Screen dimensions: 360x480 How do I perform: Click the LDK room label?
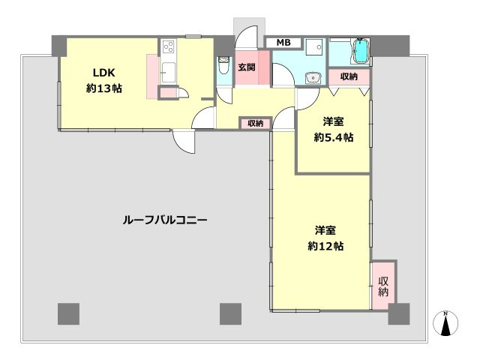click(x=103, y=73)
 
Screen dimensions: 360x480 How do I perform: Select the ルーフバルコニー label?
click(x=166, y=220)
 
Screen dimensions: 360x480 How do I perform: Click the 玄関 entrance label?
click(x=246, y=67)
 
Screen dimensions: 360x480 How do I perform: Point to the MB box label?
click(x=284, y=42)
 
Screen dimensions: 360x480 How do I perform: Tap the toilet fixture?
click(x=223, y=67)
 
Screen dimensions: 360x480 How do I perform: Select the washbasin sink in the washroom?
click(x=313, y=76)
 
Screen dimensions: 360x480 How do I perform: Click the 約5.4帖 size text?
click(x=334, y=137)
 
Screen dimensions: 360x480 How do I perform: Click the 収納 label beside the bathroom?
click(x=348, y=76)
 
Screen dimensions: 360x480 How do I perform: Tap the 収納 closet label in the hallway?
click(x=254, y=123)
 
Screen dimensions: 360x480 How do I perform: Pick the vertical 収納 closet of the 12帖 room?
click(x=384, y=285)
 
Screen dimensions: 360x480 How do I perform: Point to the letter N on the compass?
click(x=445, y=313)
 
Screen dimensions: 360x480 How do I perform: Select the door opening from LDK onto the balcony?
click(x=184, y=141)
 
